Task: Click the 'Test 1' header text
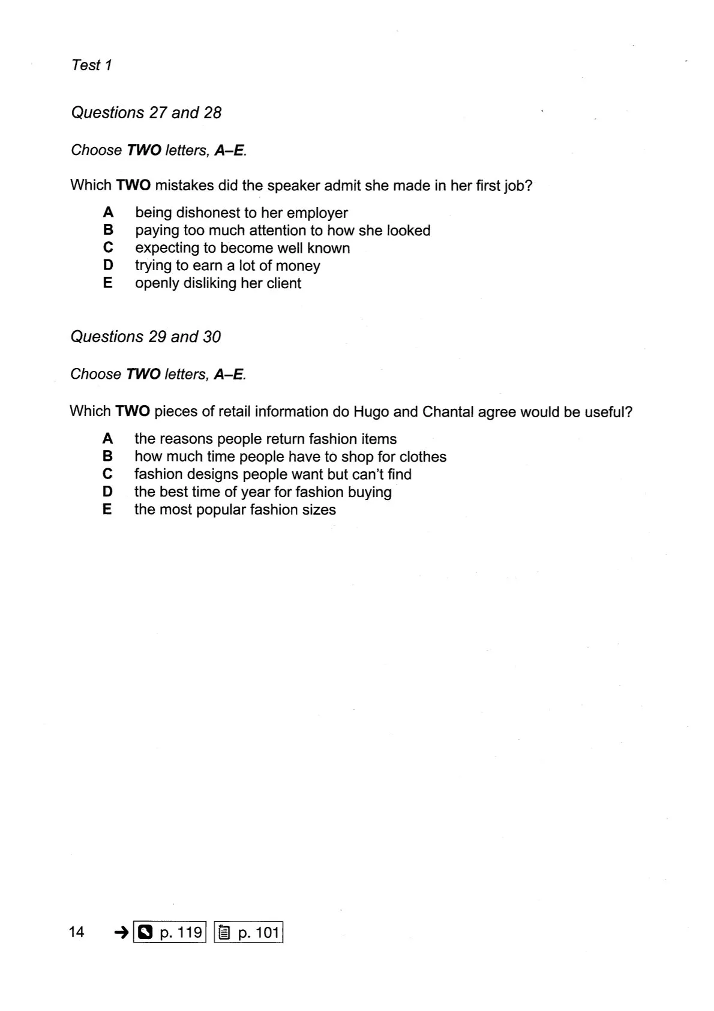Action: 92,65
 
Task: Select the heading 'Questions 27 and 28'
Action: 146,113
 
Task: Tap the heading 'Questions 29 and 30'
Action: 145,337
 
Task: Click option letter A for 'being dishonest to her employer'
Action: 108,213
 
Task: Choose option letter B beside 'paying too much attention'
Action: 108,230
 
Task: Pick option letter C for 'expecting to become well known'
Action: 108,247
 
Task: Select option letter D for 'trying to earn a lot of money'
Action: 108,265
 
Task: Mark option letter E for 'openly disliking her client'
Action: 108,283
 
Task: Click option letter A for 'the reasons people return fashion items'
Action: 107,439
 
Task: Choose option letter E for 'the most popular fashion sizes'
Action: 107,510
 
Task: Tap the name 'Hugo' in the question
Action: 371,412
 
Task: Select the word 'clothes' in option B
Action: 423,457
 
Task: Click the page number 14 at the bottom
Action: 77,932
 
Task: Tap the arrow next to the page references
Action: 121,932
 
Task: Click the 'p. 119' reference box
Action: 170,932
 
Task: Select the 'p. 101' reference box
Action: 248,932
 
